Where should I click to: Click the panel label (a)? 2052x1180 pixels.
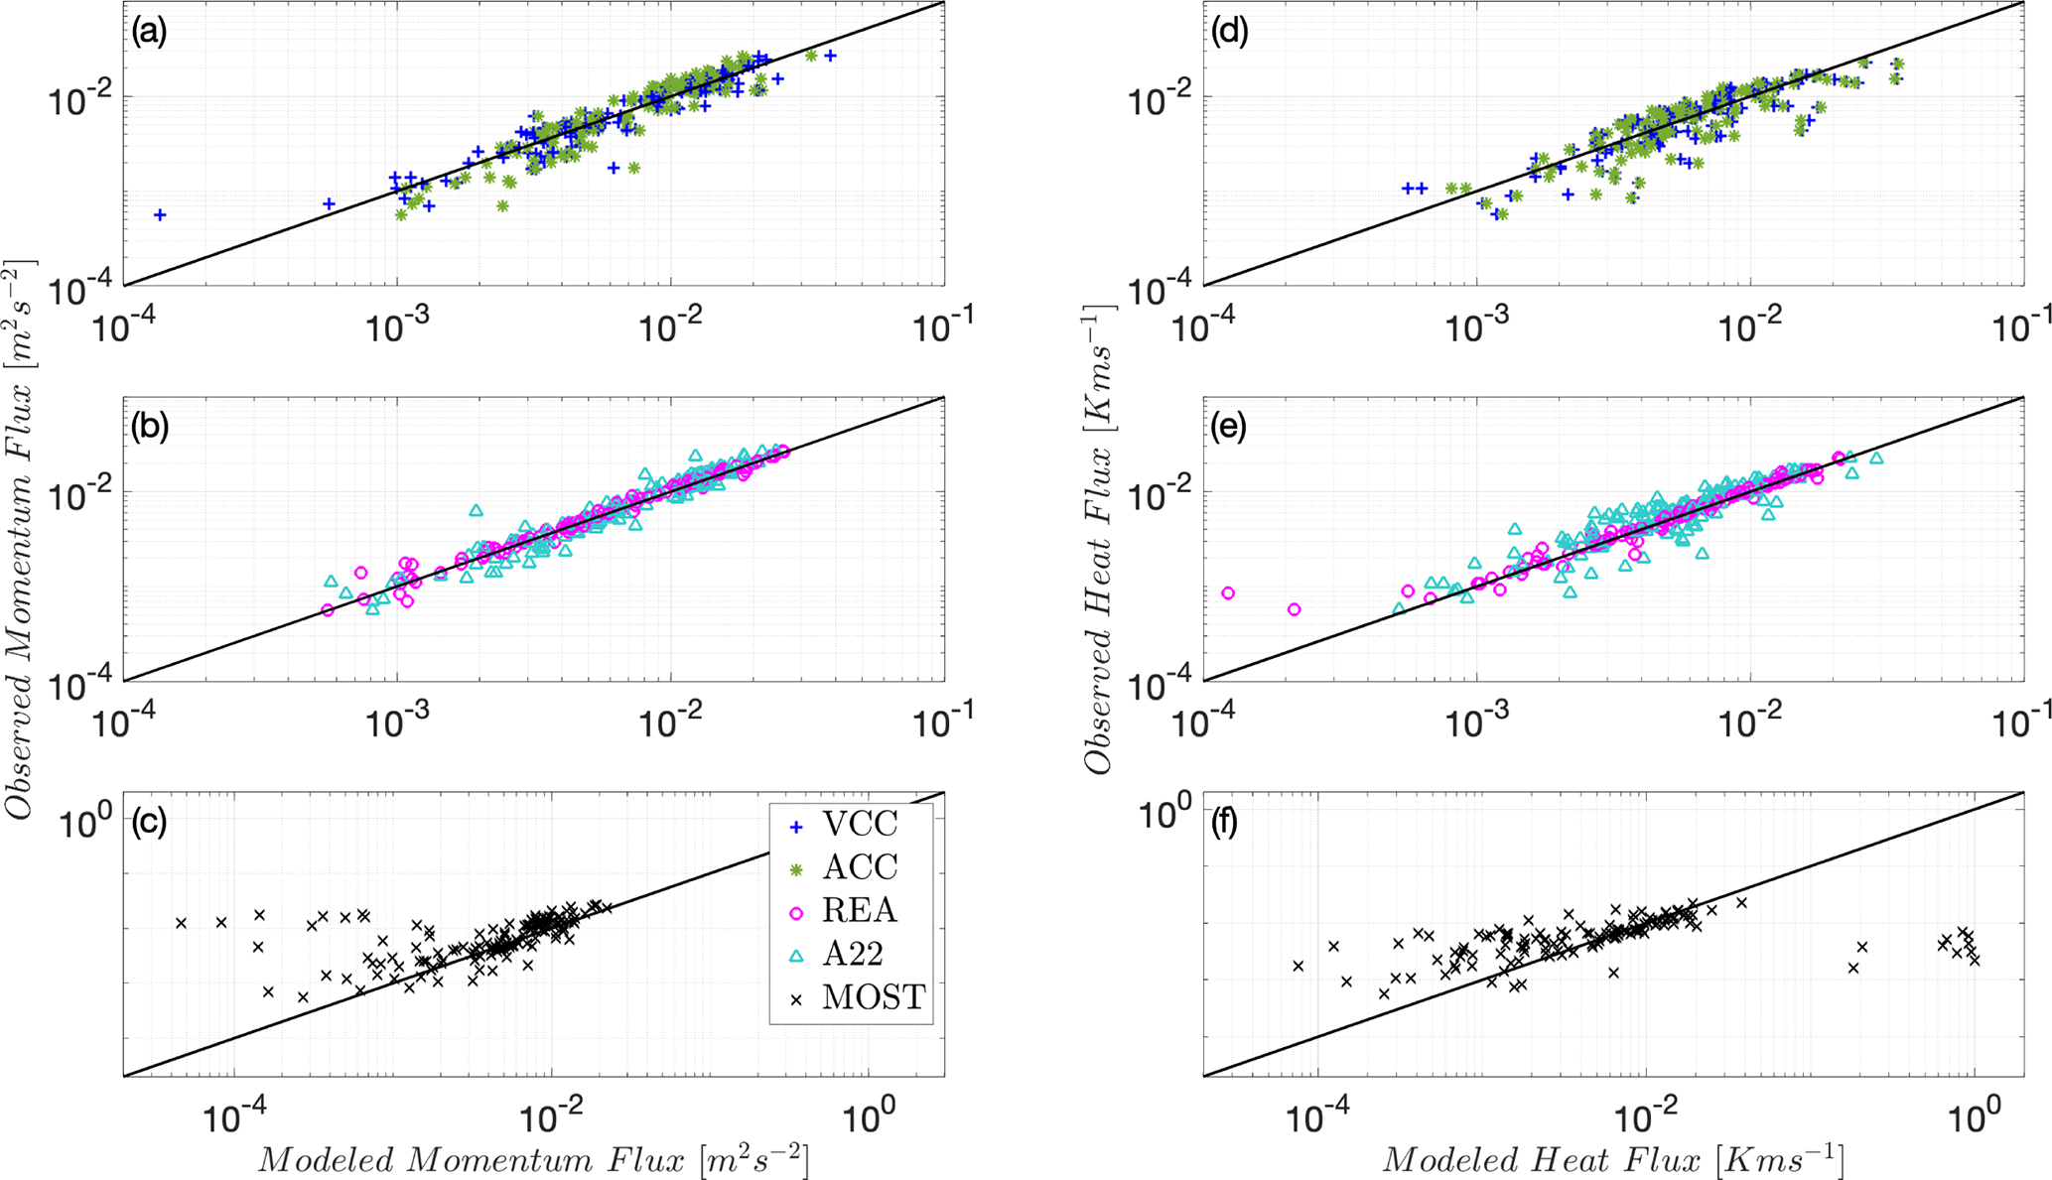149,33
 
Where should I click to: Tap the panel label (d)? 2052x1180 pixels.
1229,33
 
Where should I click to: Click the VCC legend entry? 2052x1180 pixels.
860,824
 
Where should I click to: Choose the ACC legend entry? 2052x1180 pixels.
860,867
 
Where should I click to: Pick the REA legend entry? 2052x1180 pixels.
860,911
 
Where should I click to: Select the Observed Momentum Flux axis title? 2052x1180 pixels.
22,539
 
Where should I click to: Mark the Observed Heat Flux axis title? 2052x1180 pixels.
1100,539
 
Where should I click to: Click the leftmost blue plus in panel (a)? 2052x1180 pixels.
159,214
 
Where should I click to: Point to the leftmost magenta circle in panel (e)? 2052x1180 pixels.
1228,593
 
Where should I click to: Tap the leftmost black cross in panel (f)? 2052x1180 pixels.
1298,966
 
